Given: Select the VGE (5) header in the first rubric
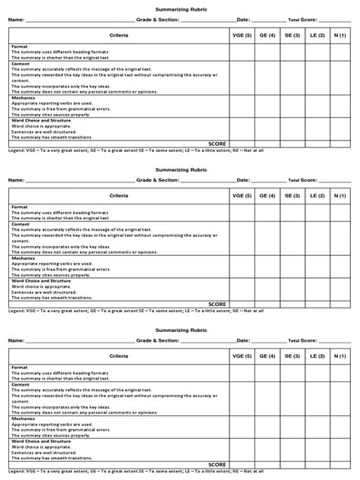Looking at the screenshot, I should click(x=242, y=36).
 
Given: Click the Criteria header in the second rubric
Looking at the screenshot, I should click(x=118, y=195).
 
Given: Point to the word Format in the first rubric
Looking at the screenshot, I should click(x=20, y=46).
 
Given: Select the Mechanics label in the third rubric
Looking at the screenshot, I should click(x=24, y=418).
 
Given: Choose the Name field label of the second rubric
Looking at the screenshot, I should click(x=17, y=180).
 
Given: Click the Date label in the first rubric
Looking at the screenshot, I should click(x=243, y=21).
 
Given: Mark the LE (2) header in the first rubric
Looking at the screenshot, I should click(x=317, y=36).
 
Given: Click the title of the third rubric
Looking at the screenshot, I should click(x=180, y=330).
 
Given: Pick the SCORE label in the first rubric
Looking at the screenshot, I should click(x=217, y=143).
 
